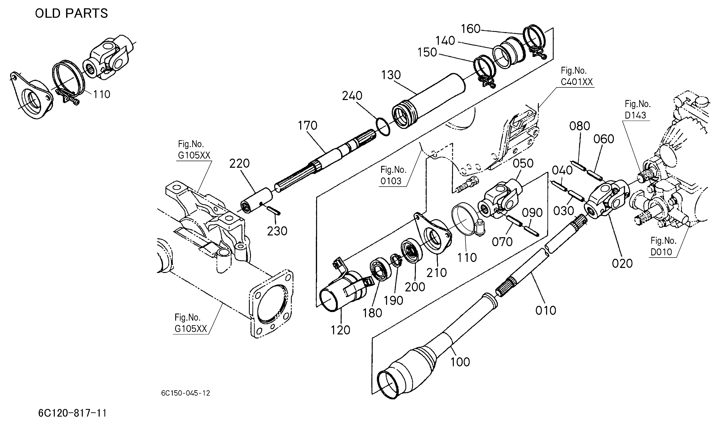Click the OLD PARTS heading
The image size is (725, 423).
(71, 13)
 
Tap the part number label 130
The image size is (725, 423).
(391, 75)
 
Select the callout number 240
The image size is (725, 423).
(352, 96)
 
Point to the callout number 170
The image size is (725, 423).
(308, 126)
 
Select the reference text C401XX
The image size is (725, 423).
(577, 82)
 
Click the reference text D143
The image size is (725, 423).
(635, 115)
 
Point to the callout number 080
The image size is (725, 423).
(579, 126)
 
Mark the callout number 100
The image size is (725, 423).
(460, 362)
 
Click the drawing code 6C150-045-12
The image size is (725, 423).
(186, 393)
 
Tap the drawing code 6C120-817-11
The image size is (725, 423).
(73, 413)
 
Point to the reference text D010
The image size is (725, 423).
(661, 252)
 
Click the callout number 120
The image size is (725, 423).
(340, 330)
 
